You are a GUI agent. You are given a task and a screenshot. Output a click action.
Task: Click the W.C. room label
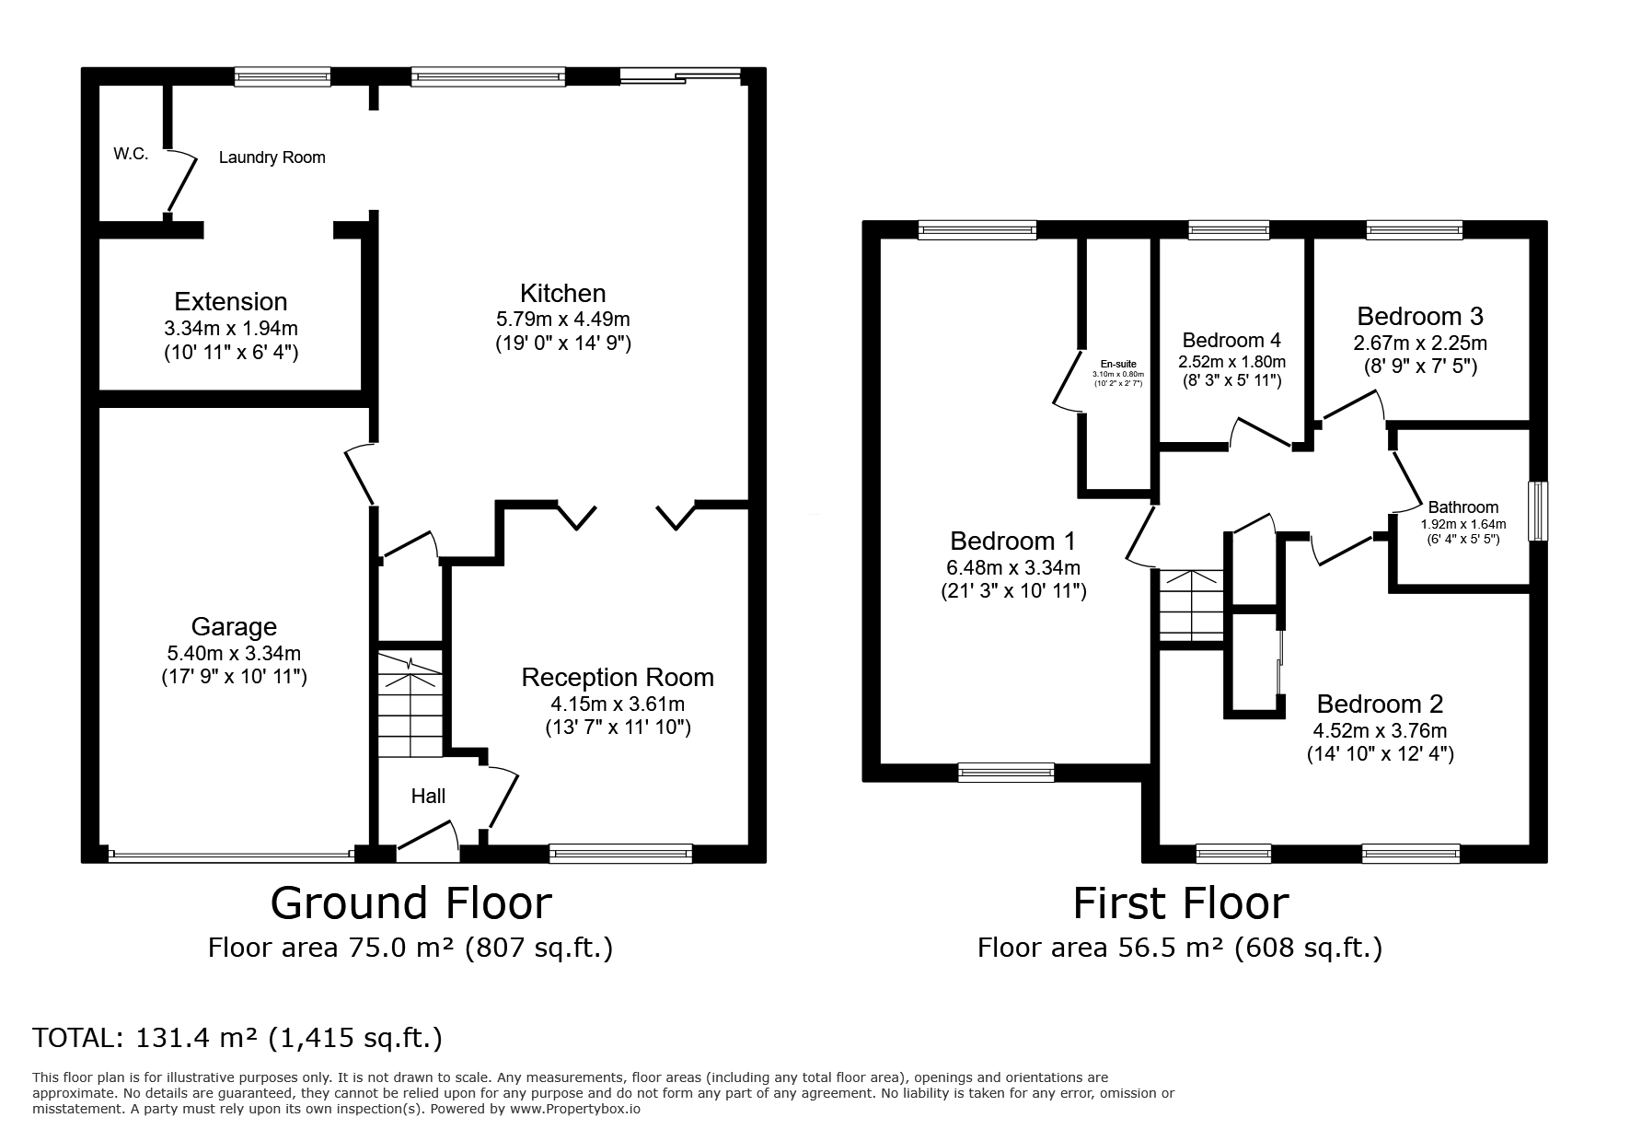(131, 154)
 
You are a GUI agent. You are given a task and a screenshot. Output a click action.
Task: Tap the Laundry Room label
(272, 157)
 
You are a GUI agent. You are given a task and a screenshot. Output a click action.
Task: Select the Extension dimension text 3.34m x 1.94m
(231, 328)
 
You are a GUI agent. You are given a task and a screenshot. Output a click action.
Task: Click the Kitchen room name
(562, 294)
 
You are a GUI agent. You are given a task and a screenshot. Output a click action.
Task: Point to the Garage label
(234, 627)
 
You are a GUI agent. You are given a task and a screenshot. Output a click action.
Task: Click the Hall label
(428, 796)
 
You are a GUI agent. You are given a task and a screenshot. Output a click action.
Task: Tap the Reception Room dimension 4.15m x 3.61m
(618, 704)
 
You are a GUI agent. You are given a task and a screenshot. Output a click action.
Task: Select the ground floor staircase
(410, 704)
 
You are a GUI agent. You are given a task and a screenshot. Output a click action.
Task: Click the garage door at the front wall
(231, 856)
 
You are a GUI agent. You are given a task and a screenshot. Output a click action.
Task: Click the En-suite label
(1118, 365)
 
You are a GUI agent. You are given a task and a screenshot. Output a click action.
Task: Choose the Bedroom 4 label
(1231, 340)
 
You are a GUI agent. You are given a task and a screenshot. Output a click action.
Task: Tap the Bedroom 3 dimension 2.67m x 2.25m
(1419, 343)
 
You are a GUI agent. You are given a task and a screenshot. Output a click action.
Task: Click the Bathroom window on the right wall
(1538, 511)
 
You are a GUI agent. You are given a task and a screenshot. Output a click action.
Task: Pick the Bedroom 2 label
(1380, 704)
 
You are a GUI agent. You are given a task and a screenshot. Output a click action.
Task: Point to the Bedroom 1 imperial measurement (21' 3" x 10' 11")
(1013, 591)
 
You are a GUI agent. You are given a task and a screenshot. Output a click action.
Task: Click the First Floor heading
(1180, 903)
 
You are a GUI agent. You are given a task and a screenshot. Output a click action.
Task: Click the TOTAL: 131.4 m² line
(237, 1038)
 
